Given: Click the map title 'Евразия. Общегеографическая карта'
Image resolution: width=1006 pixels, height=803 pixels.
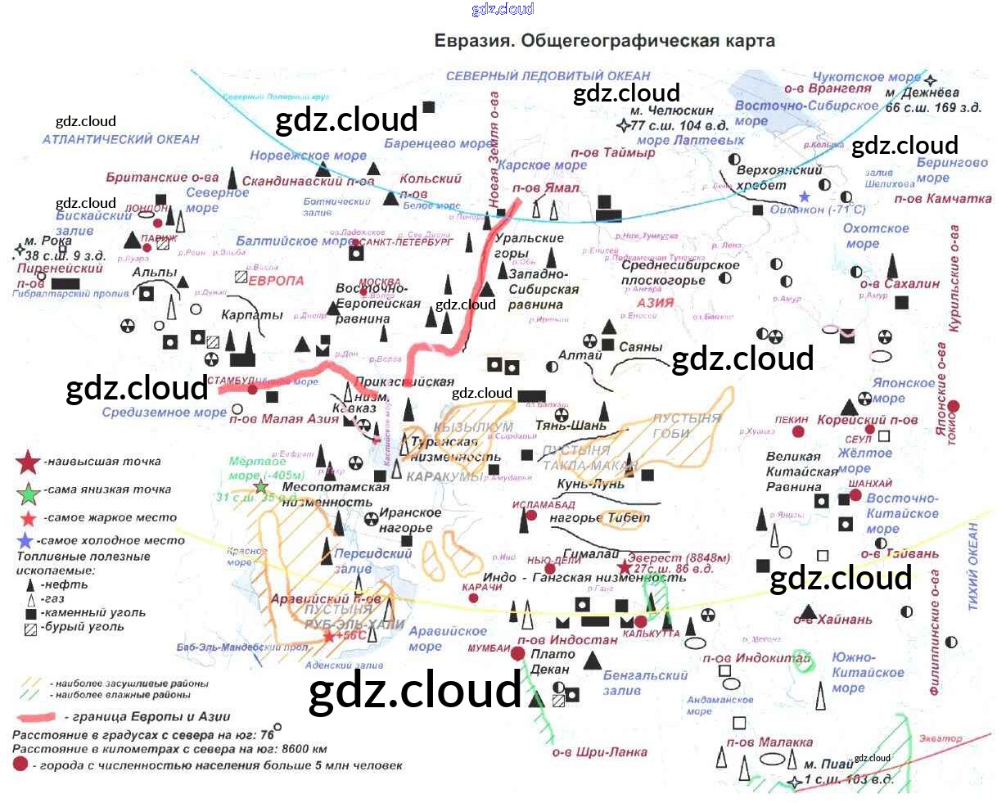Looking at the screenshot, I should (x=604, y=41).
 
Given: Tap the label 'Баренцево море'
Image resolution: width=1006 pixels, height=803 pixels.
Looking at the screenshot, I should (x=439, y=144).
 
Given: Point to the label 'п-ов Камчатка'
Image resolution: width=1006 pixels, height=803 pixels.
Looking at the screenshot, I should (x=942, y=199).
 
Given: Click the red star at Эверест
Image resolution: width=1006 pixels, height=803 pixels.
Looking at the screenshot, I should (x=625, y=567).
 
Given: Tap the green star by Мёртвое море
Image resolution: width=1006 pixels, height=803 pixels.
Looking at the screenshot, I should (x=261, y=487).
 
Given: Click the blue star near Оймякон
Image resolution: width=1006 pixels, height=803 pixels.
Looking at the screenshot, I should (x=805, y=196).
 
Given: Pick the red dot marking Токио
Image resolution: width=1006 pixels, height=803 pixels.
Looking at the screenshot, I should (x=954, y=407).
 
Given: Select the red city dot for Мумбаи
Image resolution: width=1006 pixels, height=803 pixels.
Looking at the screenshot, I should (x=517, y=653).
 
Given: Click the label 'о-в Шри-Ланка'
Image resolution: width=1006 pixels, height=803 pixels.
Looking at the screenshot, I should (x=599, y=752).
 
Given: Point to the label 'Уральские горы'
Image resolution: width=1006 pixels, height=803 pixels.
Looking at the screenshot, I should (x=529, y=246).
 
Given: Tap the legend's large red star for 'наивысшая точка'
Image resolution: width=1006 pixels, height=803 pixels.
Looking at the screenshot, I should (x=29, y=462).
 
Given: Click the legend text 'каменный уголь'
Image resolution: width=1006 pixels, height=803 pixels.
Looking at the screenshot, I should (x=94, y=612).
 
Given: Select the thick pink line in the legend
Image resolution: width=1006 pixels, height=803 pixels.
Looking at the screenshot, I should (x=34, y=718).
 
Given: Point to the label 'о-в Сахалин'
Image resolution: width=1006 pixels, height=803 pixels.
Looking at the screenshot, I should (x=900, y=284).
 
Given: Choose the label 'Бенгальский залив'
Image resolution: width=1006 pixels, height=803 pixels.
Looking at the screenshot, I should (x=645, y=683).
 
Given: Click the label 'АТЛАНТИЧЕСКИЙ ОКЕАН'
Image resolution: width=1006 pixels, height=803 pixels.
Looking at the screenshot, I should (x=120, y=139).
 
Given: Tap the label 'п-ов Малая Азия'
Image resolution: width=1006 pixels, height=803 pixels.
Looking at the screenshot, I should (x=283, y=419).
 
